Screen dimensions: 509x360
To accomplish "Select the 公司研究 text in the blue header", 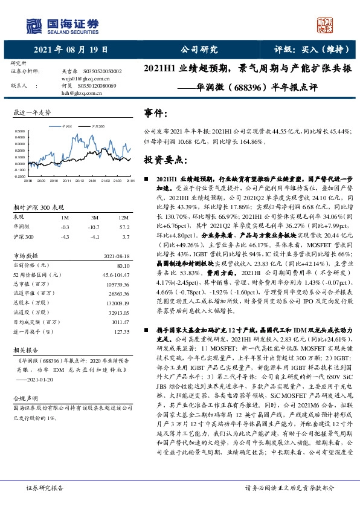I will [x=199, y=50].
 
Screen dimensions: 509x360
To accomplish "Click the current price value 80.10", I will [x=123, y=265].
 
